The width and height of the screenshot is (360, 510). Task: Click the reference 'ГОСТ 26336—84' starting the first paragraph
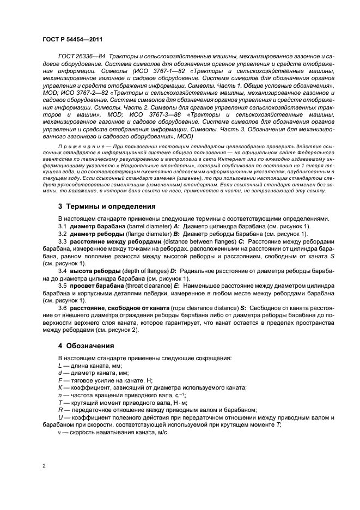(81, 57)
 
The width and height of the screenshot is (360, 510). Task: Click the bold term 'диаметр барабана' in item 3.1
(92, 226)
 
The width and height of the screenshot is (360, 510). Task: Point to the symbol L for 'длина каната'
(60, 366)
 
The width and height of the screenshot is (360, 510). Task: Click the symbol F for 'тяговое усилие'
(60, 380)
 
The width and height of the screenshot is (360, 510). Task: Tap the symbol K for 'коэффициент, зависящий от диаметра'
(60, 387)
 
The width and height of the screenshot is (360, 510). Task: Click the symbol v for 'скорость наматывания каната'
(60, 432)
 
